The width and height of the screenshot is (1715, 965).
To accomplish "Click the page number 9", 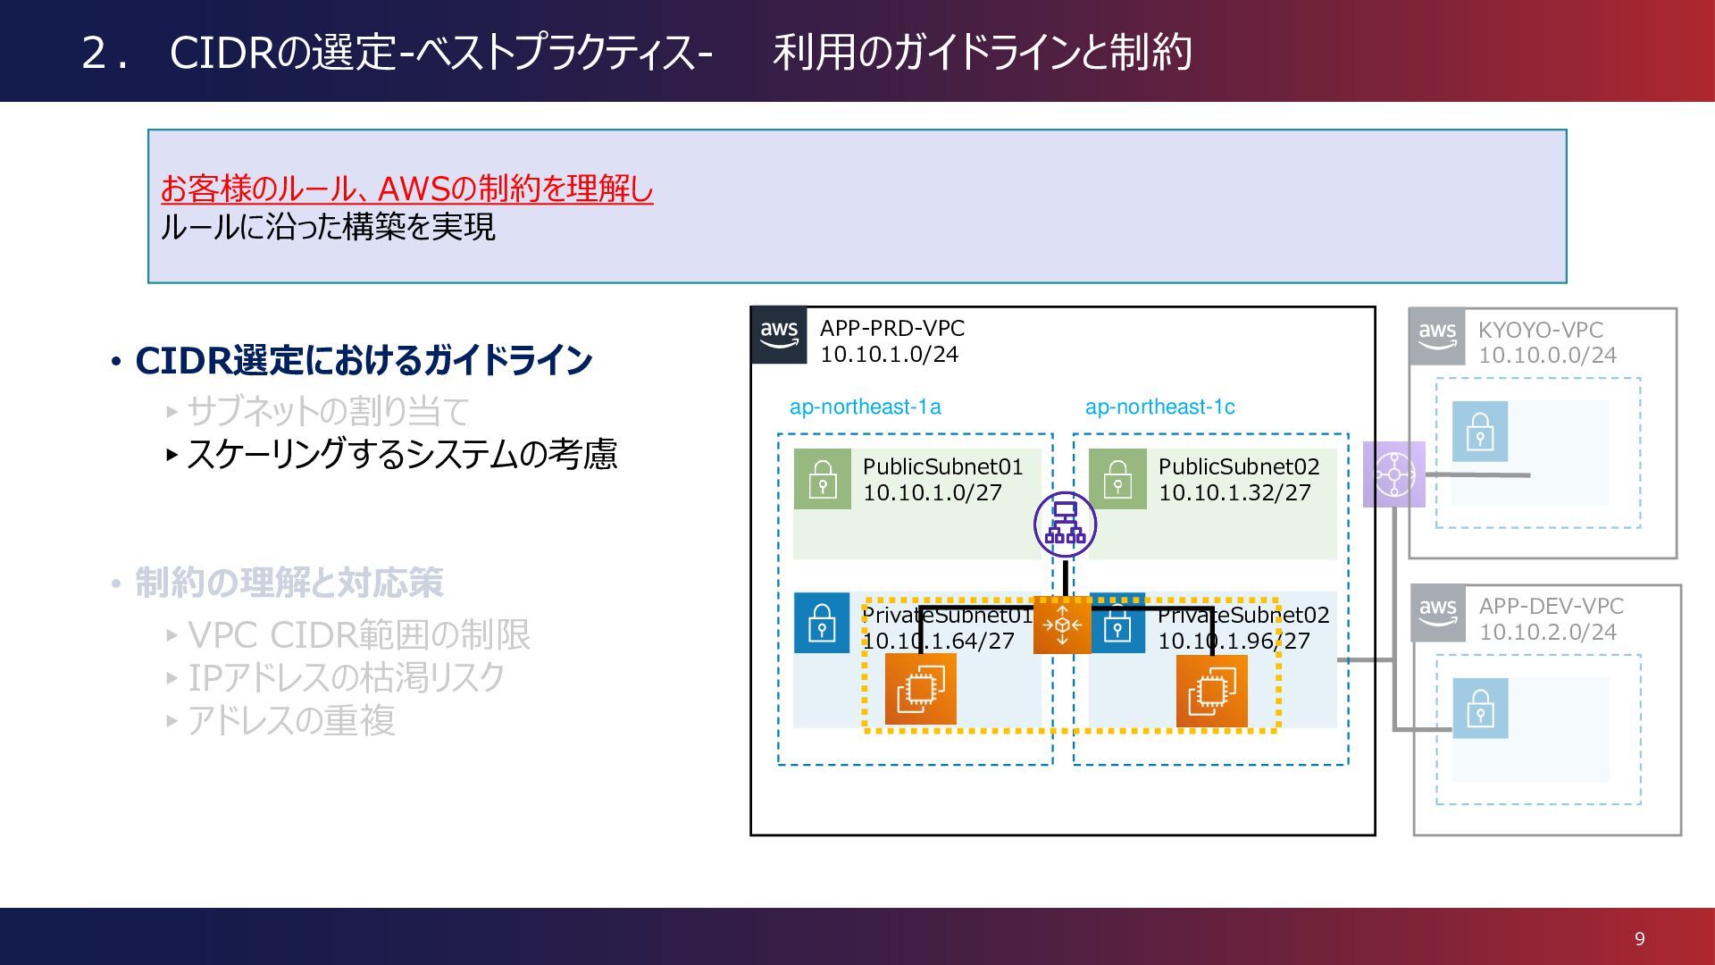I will [1639, 938].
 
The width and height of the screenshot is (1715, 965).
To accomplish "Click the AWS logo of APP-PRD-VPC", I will [779, 335].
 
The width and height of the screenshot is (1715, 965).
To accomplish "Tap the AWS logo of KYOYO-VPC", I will [1437, 337].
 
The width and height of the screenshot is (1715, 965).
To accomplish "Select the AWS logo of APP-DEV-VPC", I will [1438, 613].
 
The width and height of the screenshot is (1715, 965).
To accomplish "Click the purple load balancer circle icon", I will [1065, 524].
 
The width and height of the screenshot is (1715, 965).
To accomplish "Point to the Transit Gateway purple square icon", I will [1393, 474].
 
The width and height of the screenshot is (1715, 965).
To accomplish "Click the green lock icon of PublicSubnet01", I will [822, 480].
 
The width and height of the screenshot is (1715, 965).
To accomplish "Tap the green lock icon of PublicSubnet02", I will [1117, 480].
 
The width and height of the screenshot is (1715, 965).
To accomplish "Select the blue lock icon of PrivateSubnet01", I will [822, 623].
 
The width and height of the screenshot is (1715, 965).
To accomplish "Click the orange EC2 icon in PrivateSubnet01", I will [920, 689].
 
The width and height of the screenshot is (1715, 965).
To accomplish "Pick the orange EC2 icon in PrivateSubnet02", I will [1212, 690].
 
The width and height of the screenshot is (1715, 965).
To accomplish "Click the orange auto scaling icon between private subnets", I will [1062, 625].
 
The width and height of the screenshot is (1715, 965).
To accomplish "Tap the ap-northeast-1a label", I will [865, 407].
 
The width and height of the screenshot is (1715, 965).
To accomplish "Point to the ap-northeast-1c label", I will [1159, 407].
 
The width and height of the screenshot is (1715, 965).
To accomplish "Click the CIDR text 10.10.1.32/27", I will [1234, 493].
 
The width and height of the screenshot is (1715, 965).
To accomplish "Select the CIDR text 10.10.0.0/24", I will [1547, 356].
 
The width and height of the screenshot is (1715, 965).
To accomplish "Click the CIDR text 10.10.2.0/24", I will [1548, 633].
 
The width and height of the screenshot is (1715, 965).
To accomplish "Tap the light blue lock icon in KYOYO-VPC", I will [1480, 432].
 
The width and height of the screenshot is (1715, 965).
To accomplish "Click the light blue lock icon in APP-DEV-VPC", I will [1480, 709].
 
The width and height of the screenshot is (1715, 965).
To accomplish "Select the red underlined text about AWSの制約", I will [407, 189].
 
